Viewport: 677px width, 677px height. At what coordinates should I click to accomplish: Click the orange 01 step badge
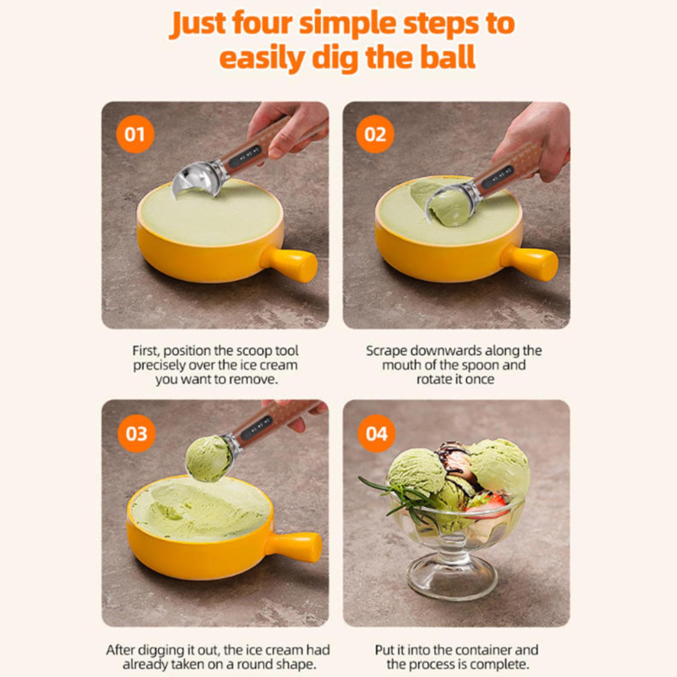(135, 134)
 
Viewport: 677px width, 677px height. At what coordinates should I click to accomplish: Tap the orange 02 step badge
(375, 134)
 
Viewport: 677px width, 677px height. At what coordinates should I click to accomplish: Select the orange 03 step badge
(136, 434)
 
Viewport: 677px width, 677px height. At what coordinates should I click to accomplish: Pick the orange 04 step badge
(377, 434)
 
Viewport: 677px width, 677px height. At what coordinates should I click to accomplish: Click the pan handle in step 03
(296, 547)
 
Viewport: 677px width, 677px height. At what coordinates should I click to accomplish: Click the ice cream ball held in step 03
(209, 459)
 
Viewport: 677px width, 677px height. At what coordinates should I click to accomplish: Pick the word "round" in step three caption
(254, 664)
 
